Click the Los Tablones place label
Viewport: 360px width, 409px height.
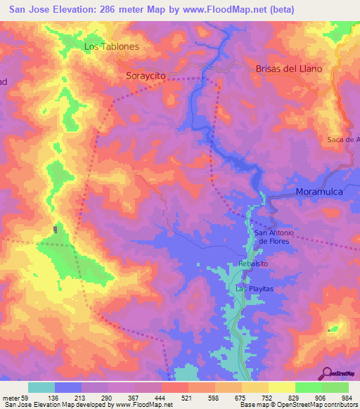pos(111,46)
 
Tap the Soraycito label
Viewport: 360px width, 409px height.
pos(146,74)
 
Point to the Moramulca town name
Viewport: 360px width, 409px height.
pos(323,191)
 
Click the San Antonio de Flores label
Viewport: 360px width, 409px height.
pos(271,237)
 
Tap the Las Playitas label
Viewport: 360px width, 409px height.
pos(254,289)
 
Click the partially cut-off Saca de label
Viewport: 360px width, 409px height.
pos(343,139)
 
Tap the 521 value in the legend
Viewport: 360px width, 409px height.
pos(186,398)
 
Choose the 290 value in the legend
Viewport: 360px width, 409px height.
pos(106,398)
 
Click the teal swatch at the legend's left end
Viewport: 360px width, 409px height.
pos(41,387)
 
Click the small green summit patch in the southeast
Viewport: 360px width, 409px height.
pos(333,328)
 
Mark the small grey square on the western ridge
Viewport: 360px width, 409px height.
pos(56,229)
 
